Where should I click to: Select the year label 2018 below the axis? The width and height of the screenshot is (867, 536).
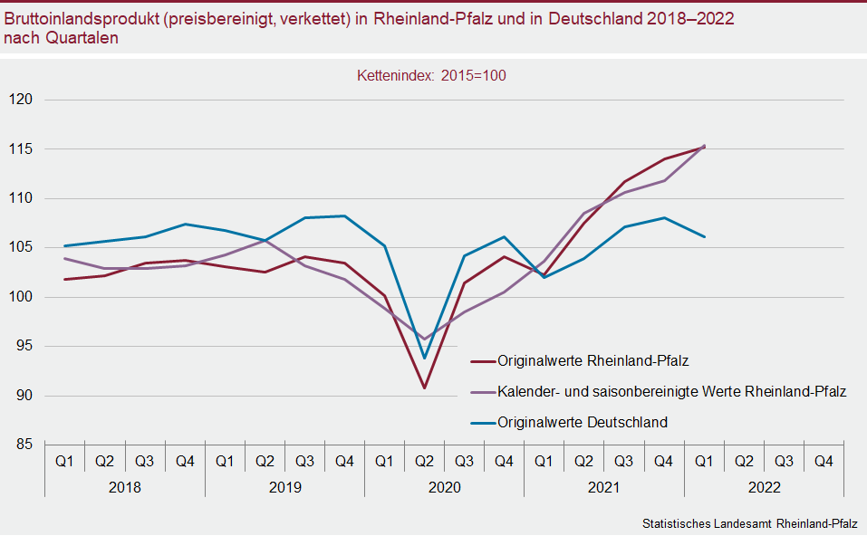pos(124,487)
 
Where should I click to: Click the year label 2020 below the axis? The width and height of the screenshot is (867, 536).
pos(444,487)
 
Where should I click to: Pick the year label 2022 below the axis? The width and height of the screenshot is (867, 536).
pos(763,487)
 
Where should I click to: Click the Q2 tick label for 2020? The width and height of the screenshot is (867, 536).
pos(424,462)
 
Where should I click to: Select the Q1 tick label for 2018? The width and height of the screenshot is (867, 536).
pos(64,462)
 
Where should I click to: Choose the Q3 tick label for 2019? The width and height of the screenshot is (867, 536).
pos(304,462)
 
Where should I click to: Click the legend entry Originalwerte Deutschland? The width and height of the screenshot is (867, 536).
pos(582,422)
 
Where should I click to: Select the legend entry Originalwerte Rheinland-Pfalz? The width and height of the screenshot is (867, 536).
pos(592,360)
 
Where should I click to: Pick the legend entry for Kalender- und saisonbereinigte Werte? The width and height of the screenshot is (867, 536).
pos(671,391)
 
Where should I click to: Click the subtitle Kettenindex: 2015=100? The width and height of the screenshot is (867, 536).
pos(431,76)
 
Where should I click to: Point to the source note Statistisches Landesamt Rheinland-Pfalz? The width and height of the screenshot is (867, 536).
pos(749,524)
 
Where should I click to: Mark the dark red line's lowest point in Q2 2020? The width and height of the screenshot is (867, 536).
pos(424,388)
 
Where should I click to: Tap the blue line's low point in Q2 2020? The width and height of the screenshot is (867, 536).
pos(424,358)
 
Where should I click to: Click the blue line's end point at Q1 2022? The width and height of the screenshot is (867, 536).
pos(703,236)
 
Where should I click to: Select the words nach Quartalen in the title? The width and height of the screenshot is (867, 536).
pos(61,39)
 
